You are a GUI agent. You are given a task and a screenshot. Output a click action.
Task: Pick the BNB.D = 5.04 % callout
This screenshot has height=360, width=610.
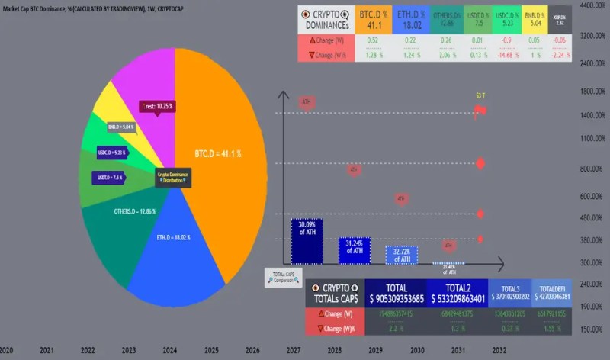pos(120,127)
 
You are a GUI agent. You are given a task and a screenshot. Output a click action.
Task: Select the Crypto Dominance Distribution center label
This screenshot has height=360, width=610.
pos(173,177)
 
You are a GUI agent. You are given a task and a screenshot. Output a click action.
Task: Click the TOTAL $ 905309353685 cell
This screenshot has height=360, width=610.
pos(396,294)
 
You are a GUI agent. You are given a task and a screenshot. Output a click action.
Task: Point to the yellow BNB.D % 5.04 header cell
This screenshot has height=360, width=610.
pos(534,19)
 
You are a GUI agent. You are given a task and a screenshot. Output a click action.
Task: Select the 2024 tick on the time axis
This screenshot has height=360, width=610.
pos(170,350)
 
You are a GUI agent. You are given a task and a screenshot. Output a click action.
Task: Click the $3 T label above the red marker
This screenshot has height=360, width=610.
pos(480,95)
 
